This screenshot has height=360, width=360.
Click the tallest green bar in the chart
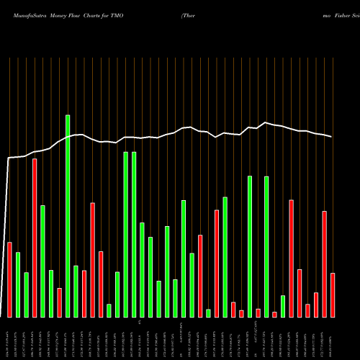[x=68, y=216]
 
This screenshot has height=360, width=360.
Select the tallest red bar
[x=35, y=238]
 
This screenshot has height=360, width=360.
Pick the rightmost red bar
[x=333, y=295]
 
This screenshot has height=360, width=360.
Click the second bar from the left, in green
[x=18, y=284]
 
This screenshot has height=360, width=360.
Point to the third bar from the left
[x=26, y=294]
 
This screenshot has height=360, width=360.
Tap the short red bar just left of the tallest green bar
[x=59, y=302]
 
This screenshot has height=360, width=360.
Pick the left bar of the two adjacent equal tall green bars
[x=125, y=234]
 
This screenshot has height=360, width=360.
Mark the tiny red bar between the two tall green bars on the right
[x=258, y=312]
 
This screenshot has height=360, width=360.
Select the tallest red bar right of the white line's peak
[x=291, y=258]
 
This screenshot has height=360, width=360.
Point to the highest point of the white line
[x=266, y=122]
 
